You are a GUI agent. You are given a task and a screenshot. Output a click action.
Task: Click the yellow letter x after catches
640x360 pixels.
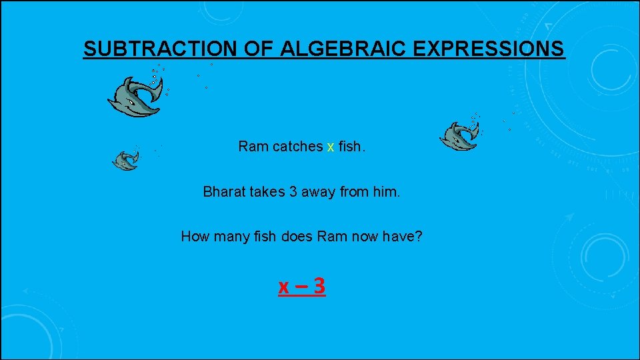[330, 147]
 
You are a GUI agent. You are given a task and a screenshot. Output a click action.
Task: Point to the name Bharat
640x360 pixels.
[224, 192]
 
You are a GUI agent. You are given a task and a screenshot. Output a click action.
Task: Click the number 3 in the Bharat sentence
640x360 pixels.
[293, 192]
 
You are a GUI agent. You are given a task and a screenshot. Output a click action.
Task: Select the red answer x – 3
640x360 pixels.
[302, 287]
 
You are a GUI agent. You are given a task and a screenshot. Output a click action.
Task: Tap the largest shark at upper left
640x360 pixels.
[135, 97]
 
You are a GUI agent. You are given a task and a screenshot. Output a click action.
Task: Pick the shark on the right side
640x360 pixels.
[459, 137]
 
